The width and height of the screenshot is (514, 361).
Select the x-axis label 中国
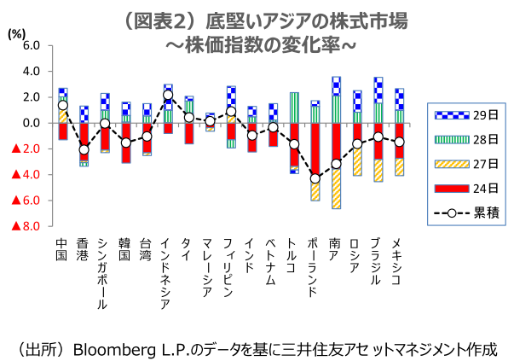[x=62, y=249]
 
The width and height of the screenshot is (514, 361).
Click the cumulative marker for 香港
[x=84, y=150]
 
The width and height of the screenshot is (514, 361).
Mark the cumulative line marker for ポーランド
[x=315, y=178]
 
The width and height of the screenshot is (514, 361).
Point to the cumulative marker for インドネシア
[x=168, y=95]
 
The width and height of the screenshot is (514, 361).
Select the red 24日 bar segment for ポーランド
[x=315, y=149]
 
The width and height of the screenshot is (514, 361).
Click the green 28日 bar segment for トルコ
[x=294, y=108]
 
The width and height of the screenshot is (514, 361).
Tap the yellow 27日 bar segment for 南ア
[x=336, y=188]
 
